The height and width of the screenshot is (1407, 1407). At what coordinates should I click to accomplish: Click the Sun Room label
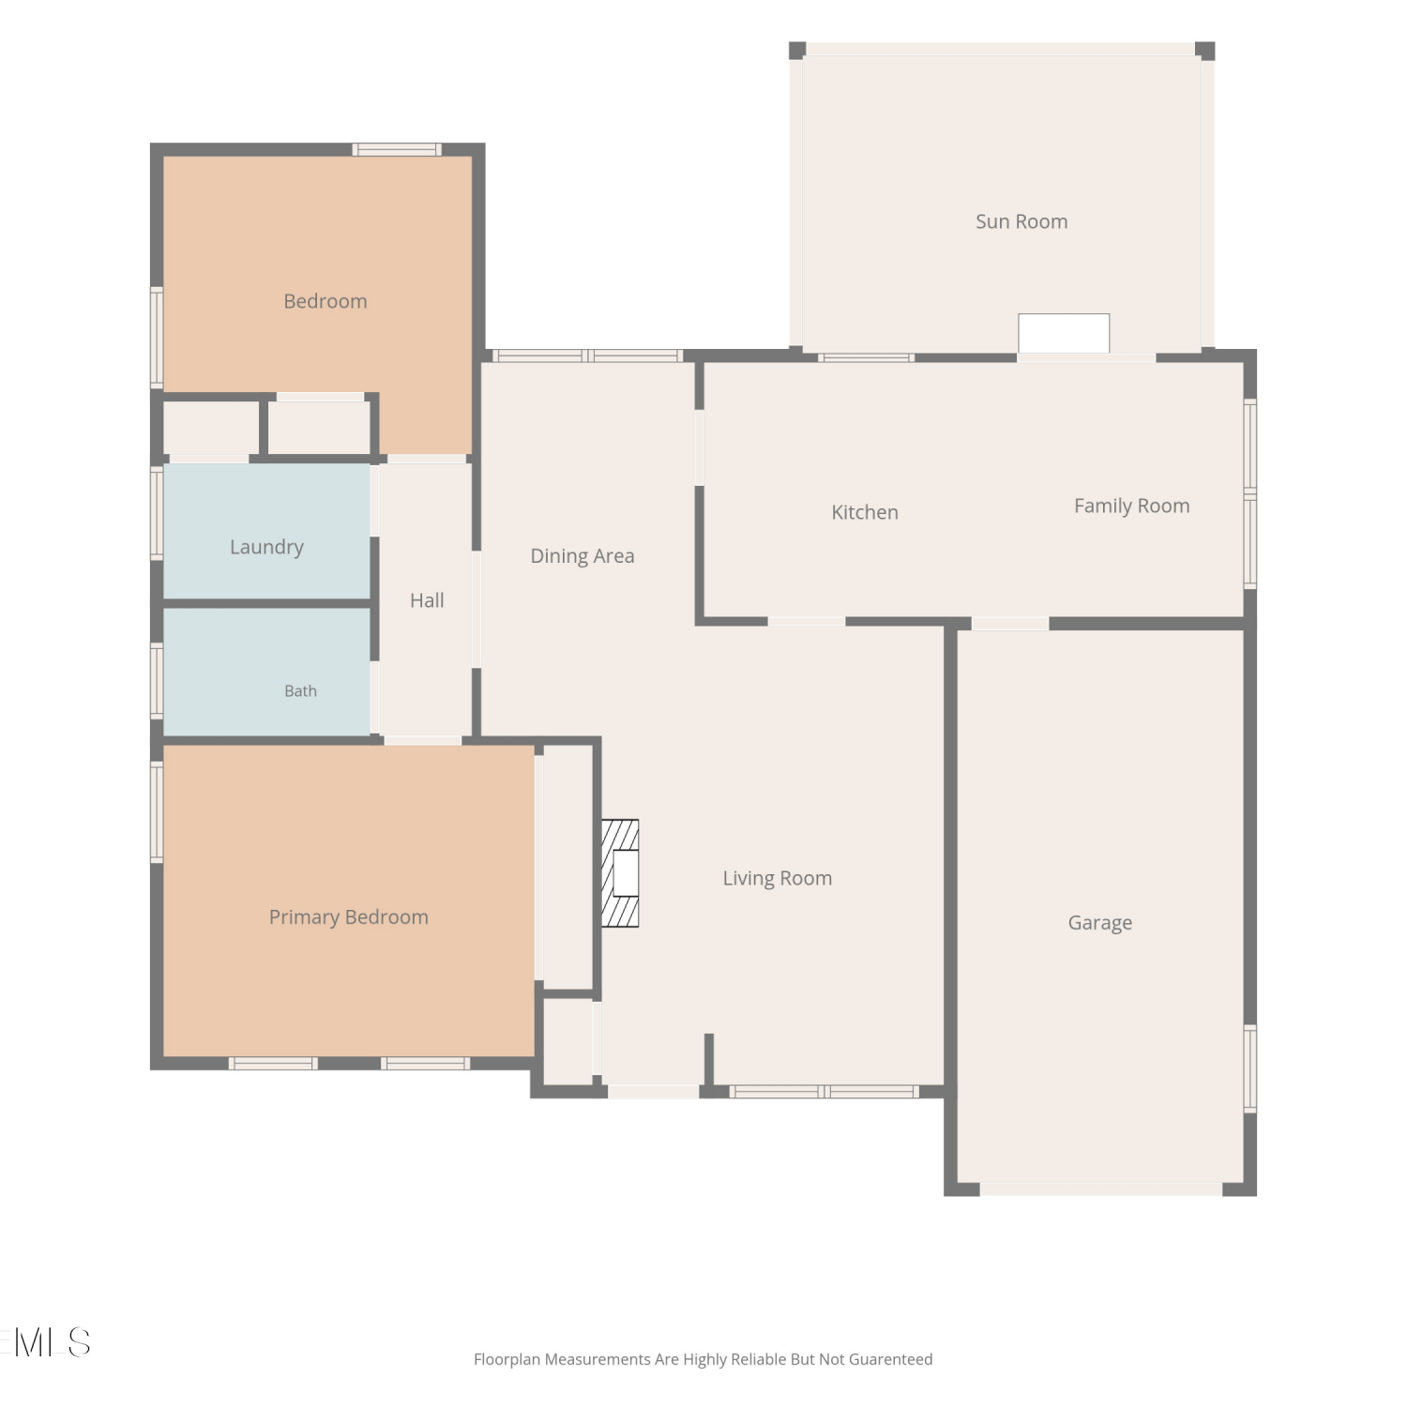point(1021,221)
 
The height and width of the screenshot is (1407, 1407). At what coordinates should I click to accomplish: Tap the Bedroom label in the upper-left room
point(325,301)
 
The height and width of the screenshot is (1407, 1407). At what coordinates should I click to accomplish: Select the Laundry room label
point(266,547)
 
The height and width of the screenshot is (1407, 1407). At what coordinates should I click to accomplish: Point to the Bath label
point(300,691)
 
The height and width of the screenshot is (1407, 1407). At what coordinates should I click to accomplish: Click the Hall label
point(427,600)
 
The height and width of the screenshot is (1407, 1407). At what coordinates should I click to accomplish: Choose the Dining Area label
point(582,556)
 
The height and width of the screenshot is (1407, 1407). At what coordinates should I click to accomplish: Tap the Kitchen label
point(865,512)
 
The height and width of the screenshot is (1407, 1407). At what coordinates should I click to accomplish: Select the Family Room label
point(1131,507)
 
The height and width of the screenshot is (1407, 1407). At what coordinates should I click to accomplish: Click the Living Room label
point(777,879)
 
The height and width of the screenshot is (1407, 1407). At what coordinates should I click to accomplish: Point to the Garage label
point(1100,923)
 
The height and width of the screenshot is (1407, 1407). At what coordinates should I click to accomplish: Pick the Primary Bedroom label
point(348,917)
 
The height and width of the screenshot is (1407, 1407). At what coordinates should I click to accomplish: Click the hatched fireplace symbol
point(620,873)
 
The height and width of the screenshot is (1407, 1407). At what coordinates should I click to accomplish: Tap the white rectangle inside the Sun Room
point(1064,333)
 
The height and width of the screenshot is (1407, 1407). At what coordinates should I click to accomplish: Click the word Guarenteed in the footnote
point(890,1359)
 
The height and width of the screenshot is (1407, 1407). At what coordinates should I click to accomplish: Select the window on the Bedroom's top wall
point(397,149)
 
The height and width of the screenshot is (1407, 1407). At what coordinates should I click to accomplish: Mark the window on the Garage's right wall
point(1249,1068)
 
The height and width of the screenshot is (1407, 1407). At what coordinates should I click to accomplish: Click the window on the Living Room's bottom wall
point(824,1091)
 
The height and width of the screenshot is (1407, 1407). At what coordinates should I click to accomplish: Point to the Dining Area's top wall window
point(587,356)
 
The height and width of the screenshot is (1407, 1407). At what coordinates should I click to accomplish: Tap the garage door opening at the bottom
point(1100,1188)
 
